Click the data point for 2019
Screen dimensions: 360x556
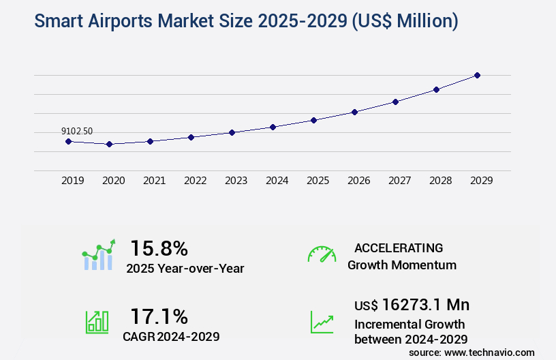tap(68, 141)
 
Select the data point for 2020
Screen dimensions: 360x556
tap(109, 144)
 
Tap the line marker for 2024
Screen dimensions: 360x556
tap(273, 127)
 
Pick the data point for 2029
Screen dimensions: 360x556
tap(477, 75)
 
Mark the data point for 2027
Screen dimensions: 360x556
tap(395, 102)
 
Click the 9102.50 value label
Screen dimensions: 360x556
tap(77, 131)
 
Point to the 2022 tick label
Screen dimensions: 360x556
tap(195, 181)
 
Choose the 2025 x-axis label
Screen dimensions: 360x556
tap(318, 181)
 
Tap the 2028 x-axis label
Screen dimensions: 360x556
tap(440, 181)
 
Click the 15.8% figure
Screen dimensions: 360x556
tap(159, 247)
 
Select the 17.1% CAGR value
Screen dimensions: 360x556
tap(159, 316)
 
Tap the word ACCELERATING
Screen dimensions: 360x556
tap(399, 247)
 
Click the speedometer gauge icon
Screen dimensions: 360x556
tap(322, 254)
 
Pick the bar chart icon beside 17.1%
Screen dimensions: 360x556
tap(97, 321)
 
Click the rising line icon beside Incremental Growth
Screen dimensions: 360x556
tap(322, 321)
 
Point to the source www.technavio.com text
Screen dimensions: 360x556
tap(472, 352)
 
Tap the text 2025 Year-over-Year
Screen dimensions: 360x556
tap(185, 269)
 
